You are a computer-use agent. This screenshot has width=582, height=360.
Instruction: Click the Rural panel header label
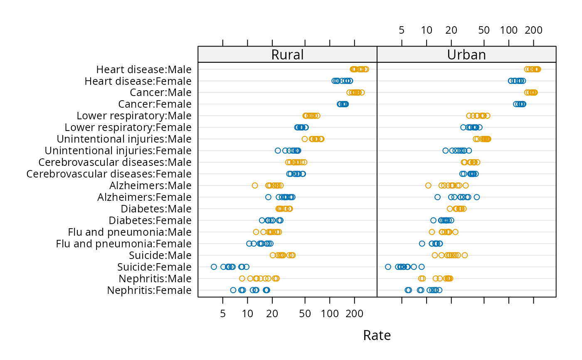(x=287, y=55)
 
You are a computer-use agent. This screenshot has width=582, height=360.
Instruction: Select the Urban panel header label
(x=466, y=55)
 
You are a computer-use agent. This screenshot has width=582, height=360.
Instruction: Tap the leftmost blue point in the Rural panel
(x=214, y=267)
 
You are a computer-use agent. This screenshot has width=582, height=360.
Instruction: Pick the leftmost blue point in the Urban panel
(x=388, y=267)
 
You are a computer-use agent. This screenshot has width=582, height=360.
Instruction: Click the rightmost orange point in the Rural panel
(x=366, y=69)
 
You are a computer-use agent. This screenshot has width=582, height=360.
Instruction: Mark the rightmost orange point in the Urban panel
(x=538, y=69)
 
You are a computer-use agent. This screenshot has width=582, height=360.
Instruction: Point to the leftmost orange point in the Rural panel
(x=242, y=279)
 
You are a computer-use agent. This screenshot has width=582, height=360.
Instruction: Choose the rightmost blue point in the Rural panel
(x=350, y=81)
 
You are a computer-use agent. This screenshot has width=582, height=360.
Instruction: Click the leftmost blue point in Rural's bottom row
(x=233, y=290)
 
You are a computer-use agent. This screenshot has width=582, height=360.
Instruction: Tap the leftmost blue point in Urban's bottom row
(x=408, y=290)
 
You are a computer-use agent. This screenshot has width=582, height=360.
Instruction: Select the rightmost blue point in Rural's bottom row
(x=266, y=290)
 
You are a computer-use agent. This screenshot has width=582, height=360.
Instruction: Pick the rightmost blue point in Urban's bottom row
(x=439, y=290)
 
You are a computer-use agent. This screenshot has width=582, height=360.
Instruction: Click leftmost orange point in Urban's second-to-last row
(x=421, y=279)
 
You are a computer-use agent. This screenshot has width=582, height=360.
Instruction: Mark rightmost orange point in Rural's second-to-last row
(x=276, y=279)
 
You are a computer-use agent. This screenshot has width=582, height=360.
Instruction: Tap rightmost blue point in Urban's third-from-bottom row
(x=422, y=267)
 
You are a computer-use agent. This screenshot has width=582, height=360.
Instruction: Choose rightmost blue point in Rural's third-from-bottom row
(x=247, y=267)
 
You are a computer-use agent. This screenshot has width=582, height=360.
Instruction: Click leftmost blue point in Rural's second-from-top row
(x=334, y=81)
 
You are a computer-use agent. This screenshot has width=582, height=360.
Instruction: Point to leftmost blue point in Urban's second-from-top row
(x=510, y=81)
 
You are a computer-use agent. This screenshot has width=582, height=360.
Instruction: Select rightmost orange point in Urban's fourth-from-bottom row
(x=464, y=255)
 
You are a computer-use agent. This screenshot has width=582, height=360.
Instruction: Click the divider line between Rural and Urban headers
(x=377, y=54)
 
